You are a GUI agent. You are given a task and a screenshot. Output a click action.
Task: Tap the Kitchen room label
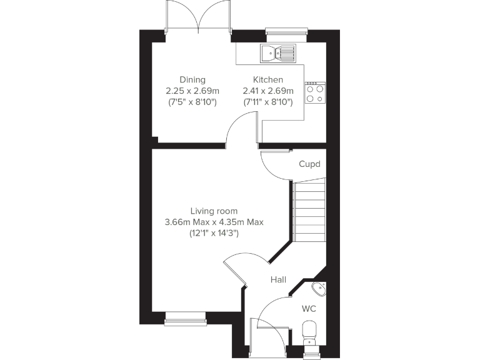tap(267, 79)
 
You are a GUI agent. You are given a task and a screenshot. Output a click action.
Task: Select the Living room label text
tap(214, 211)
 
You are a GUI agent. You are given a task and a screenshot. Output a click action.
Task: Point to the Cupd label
tap(309, 164)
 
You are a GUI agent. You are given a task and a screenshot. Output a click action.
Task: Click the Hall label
tap(278, 279)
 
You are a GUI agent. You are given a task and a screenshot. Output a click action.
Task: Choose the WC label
tap(309, 309)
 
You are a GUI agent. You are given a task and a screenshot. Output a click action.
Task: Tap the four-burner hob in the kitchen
tap(315, 93)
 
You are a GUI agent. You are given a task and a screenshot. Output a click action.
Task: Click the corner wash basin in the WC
tap(318, 289)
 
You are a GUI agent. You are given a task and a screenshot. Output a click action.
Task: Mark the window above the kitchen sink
tap(286, 31)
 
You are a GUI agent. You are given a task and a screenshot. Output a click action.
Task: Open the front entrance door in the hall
tap(267, 337)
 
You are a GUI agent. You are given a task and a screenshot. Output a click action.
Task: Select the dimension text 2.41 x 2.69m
tap(267, 91)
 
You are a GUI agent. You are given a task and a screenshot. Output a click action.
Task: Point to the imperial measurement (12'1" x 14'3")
tap(214, 232)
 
